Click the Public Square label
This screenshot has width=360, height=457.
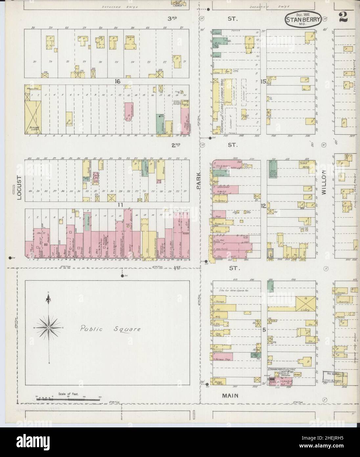click(111, 329)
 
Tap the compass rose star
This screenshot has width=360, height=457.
click(49, 328)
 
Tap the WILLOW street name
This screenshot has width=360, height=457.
click(323, 183)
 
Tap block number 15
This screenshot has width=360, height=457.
click(263, 81)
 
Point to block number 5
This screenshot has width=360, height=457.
click(264, 329)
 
